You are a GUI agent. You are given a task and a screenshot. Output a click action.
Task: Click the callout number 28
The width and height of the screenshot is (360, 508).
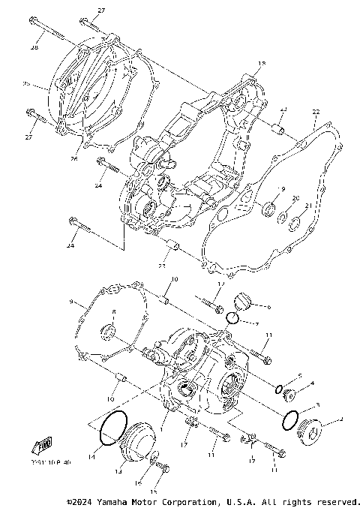tap(34, 48)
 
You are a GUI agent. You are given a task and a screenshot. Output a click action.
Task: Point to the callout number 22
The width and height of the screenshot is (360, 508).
tap(316, 112)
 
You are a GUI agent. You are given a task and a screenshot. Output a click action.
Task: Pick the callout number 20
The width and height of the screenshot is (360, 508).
tap(295, 199)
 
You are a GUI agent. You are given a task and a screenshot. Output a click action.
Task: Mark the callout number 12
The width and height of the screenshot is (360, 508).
tap(220, 285)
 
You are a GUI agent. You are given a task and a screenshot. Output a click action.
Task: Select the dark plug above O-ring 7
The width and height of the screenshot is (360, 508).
tap(241, 303)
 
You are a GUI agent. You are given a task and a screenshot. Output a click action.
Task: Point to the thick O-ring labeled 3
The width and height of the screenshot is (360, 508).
tap(291, 420)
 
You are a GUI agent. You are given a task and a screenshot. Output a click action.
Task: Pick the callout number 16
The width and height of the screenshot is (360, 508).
tap(138, 485)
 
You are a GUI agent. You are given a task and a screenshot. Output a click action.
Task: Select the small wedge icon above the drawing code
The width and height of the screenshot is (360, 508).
tap(42, 447)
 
